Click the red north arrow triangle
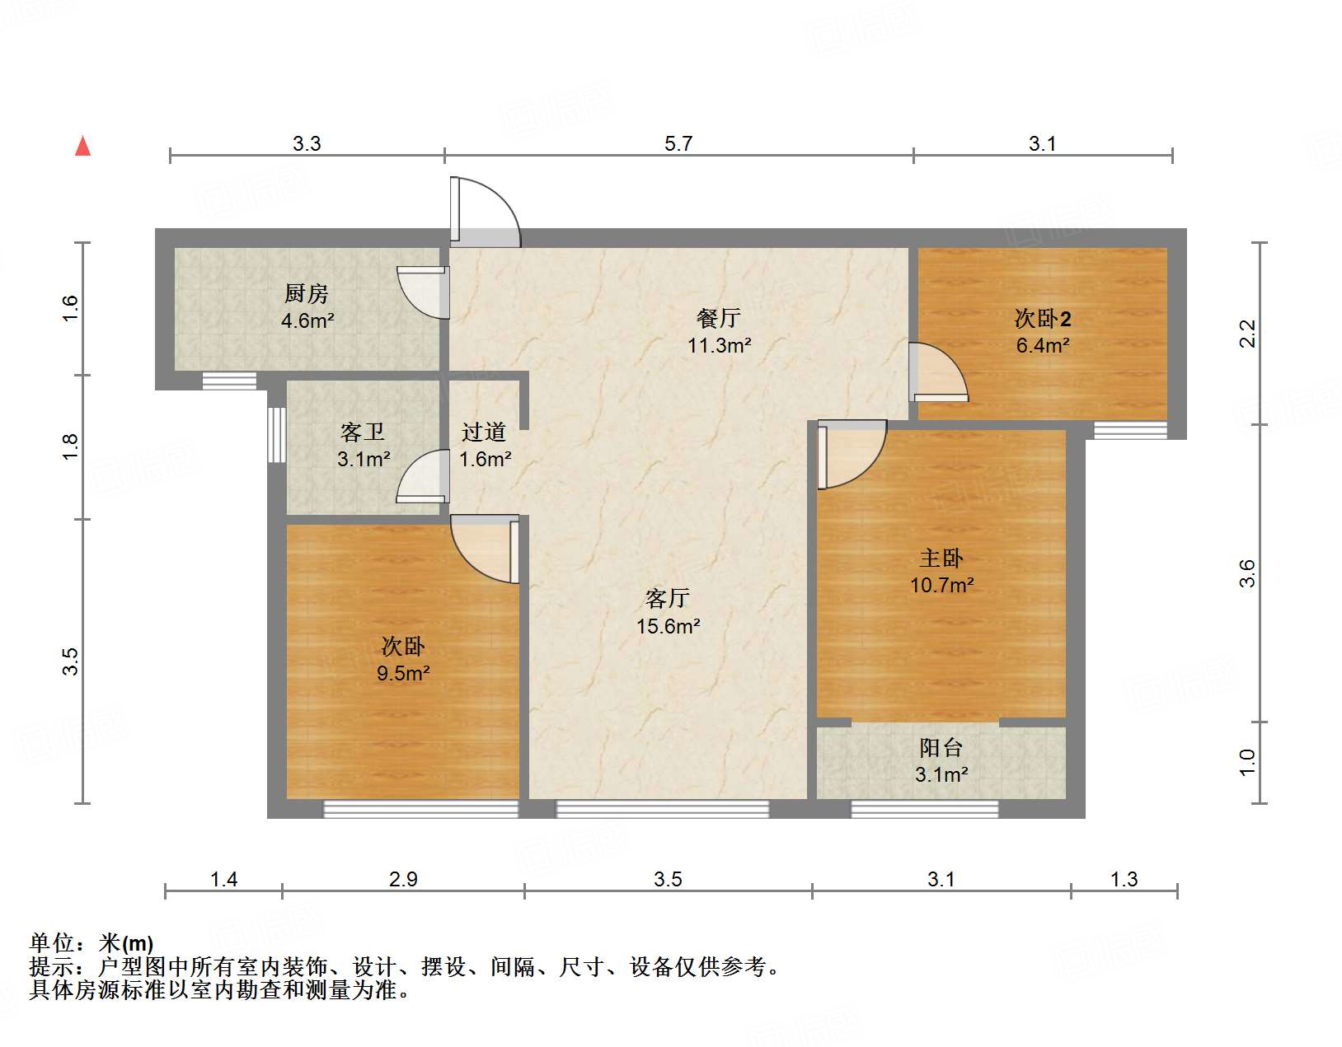pos(82,146)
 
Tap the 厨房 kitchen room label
pos(307,293)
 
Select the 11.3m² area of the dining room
pos(719,345)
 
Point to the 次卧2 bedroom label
pos(1042,318)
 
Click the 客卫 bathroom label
pos(363,432)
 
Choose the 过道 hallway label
pos(484,432)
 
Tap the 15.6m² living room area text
pos(668,626)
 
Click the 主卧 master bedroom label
pos(941,559)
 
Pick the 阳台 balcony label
pos(941,748)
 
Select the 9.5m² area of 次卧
pos(403,674)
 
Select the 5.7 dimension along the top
pos(678,144)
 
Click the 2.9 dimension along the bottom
pos(403,880)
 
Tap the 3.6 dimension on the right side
pos(1247,573)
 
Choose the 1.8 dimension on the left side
pos(71,446)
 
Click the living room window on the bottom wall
pos(663,809)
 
